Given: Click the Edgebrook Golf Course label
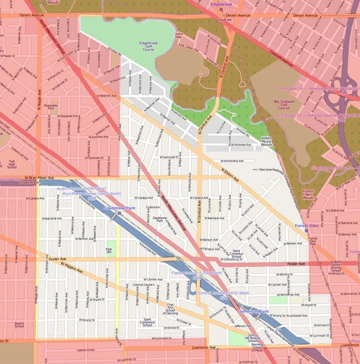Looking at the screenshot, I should [148, 46].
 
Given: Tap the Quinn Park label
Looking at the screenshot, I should [178, 35].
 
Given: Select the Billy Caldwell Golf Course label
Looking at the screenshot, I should [284, 105].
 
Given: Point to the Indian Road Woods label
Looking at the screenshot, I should [267, 141].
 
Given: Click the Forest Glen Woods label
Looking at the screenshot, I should [308, 194].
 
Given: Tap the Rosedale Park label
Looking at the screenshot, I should [51, 107].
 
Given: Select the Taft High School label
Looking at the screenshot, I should [12, 164].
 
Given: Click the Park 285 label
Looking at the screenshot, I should [109, 251].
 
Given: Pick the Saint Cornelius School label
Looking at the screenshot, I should [236, 254].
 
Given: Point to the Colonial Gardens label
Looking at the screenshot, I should [143, 285].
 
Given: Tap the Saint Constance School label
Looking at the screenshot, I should [147, 322].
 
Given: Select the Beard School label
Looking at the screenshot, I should [19, 325].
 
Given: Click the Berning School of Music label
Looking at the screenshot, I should [257, 347].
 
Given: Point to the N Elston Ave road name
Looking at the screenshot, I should [230, 175].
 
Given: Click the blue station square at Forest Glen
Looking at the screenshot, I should [307, 230].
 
